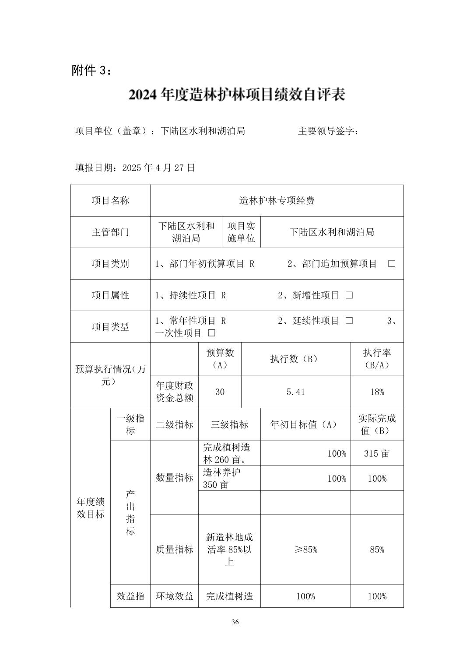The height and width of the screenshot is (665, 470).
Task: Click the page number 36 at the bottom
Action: tap(235, 622)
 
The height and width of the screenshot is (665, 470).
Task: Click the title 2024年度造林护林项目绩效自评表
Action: tap(237, 94)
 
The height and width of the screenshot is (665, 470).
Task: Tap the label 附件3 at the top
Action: tap(91, 70)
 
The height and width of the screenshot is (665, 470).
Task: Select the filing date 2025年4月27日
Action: tap(135, 168)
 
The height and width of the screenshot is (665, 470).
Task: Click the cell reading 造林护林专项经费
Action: tap(277, 201)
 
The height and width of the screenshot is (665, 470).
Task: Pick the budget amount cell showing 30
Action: tap(220, 392)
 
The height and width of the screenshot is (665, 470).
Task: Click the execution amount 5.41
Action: tap(295, 392)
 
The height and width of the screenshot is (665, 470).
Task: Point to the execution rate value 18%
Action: tap(377, 392)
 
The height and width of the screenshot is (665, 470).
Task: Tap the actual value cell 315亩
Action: tap(377, 453)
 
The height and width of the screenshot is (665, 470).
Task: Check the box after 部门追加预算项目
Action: tap(392, 264)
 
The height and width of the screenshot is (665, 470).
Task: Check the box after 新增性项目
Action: tap(349, 295)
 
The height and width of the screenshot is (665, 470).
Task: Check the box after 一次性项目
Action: tap(212, 333)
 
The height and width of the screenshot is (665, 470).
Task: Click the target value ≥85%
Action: tap(305, 549)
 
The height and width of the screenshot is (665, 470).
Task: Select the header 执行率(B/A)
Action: tap(377, 359)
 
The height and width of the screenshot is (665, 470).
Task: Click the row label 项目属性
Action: tap(110, 295)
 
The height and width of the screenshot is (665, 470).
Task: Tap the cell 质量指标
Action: tap(174, 549)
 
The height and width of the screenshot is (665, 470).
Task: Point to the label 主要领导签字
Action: tap(328, 131)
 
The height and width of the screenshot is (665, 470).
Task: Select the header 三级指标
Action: tap(229, 424)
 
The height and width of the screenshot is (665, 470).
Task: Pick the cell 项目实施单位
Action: tap(241, 232)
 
